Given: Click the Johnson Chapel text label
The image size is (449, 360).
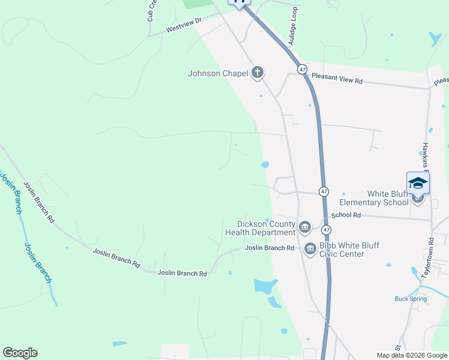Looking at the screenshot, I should (x=218, y=74).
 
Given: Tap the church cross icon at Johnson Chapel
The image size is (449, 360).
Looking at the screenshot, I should (x=258, y=73).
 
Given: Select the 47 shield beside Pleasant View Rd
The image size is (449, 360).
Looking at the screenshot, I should (x=301, y=70).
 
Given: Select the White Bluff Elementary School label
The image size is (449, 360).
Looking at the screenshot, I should (x=388, y=198).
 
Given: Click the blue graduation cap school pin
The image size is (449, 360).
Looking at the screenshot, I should (x=418, y=183).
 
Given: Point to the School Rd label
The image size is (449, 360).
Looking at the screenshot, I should (x=346, y=214).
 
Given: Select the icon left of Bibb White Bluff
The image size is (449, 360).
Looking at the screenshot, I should (x=310, y=248).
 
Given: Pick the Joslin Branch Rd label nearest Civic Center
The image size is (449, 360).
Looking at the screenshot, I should (x=270, y=248).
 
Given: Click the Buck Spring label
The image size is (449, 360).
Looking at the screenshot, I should (x=411, y=299).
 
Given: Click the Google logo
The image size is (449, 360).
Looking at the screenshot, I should (x=20, y=353).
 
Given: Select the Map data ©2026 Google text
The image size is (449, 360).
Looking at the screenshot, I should (x=411, y=355).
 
